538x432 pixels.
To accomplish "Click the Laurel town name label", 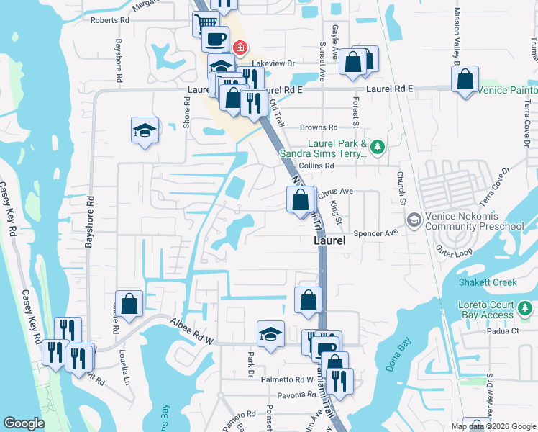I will click(x=330, y=241).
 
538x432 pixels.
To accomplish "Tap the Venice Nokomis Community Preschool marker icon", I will click(x=414, y=219).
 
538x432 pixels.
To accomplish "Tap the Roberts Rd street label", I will click(x=109, y=21).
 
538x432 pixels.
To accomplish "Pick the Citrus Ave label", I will click(x=335, y=192).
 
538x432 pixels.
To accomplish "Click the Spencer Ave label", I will click(x=380, y=233).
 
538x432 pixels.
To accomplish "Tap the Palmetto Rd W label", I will click(x=287, y=379).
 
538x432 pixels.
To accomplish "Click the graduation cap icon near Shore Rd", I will click(x=145, y=130).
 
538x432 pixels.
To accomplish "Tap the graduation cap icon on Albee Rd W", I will click(x=270, y=333).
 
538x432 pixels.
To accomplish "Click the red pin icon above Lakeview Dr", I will click(x=240, y=49).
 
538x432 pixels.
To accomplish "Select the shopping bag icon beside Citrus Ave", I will click(x=301, y=199).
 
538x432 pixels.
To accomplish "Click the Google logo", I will click(x=24, y=423).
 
